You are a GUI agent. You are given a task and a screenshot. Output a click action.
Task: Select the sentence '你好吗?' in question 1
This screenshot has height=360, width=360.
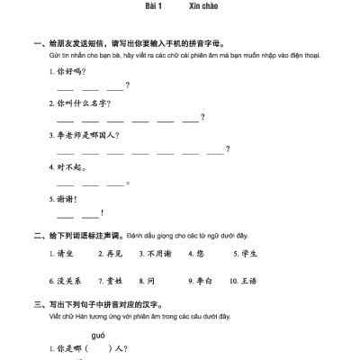(x=71, y=71)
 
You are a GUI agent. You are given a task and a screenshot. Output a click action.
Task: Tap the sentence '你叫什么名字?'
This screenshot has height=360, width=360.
(x=85, y=103)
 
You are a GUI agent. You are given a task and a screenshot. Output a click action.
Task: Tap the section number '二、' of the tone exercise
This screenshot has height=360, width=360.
(x=38, y=236)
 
